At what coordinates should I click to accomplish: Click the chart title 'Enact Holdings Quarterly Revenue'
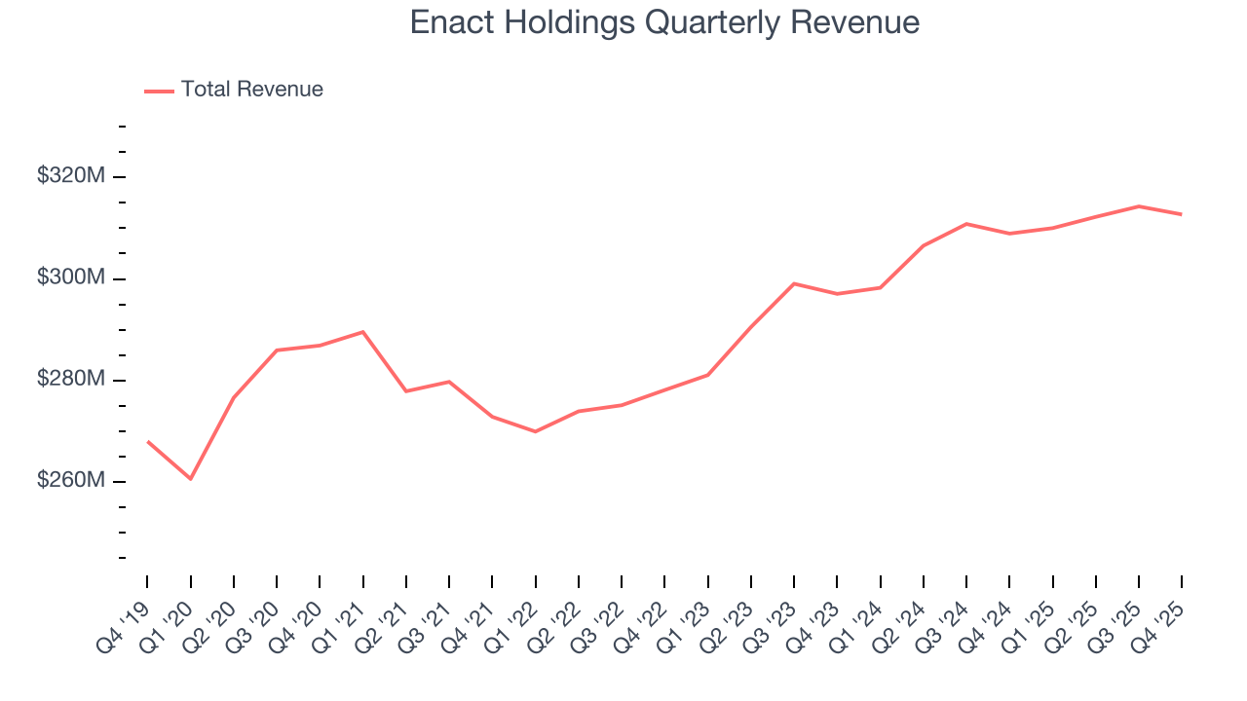(664, 22)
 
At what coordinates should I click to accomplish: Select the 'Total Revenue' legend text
(251, 90)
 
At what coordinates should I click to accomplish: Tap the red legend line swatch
(159, 91)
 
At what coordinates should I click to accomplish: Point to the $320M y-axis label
(69, 176)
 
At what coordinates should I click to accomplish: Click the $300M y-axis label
(69, 277)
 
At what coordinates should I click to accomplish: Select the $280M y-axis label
(69, 380)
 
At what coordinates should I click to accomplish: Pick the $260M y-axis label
(69, 481)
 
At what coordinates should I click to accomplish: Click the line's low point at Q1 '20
(191, 479)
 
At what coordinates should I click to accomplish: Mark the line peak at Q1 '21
(363, 332)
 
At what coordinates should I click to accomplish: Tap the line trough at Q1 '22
(536, 431)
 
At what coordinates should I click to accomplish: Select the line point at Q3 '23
(794, 283)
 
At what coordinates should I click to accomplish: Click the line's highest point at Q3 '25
(1139, 206)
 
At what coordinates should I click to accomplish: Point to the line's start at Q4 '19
(148, 441)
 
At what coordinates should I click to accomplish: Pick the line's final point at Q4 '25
(1182, 214)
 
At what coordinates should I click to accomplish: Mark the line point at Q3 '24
(966, 224)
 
